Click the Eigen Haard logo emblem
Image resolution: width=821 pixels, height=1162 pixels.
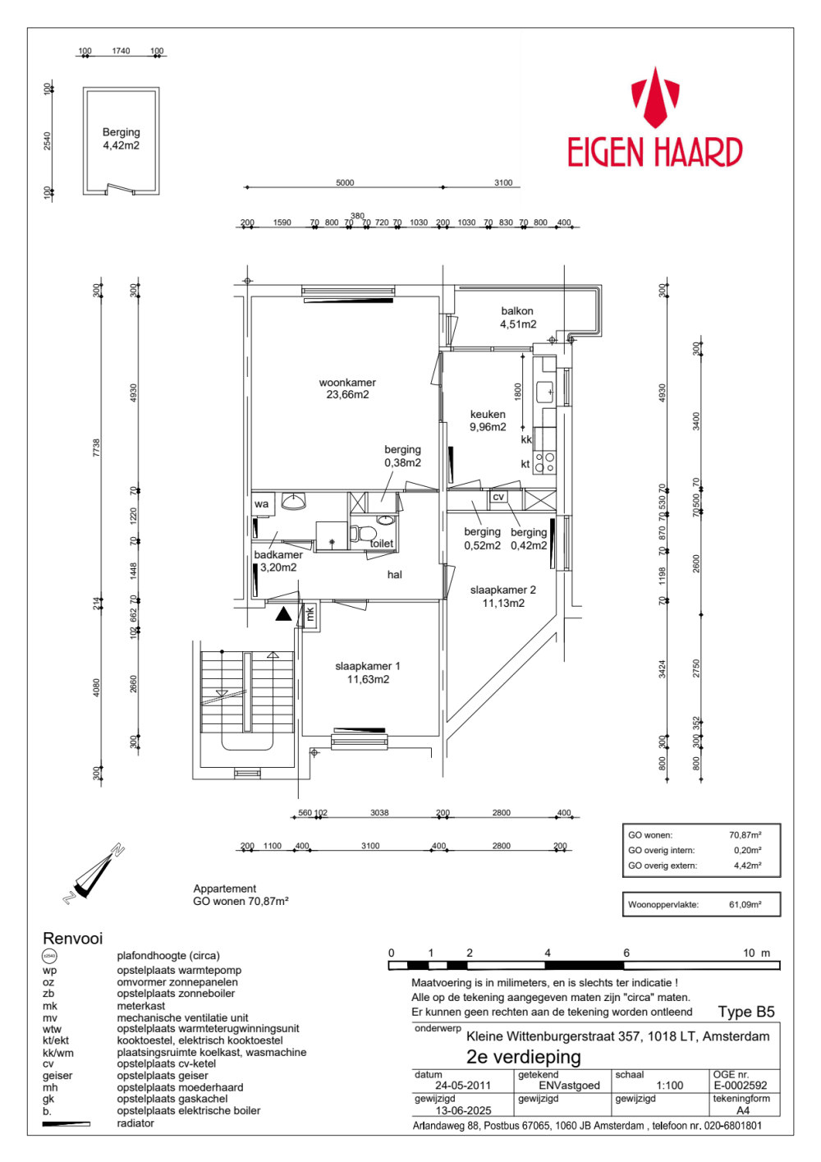(x=654, y=98)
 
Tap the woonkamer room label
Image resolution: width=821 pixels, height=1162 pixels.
(x=347, y=388)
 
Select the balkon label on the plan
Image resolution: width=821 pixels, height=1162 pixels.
(x=517, y=317)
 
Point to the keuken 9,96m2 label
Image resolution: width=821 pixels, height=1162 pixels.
(x=488, y=420)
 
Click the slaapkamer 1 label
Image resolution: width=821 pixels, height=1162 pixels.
(x=368, y=673)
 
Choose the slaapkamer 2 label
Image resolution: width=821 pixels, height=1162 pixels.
(x=503, y=596)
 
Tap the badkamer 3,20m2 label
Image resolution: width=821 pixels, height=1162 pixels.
(x=278, y=561)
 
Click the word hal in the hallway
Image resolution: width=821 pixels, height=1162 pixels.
(x=395, y=575)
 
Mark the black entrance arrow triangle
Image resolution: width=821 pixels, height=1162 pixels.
(x=283, y=613)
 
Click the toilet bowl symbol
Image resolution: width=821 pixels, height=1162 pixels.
(x=361, y=534)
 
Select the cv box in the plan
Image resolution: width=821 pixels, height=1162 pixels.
(x=498, y=497)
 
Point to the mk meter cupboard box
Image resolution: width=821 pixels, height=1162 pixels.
(x=310, y=613)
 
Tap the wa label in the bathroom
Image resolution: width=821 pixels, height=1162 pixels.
(x=261, y=504)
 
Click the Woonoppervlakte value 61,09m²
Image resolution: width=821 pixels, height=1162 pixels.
(x=745, y=905)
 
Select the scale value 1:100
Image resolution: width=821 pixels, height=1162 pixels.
(x=670, y=1086)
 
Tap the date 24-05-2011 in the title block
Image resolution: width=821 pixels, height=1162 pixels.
(x=463, y=1086)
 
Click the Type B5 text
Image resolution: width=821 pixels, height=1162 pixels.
(x=746, y=1012)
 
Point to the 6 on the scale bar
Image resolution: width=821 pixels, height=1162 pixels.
(x=626, y=953)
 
